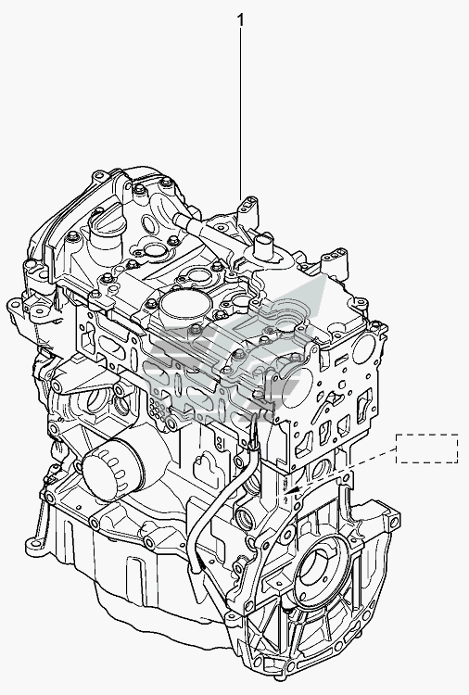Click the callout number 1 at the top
pos(240,20)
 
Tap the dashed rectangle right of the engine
pos(427,449)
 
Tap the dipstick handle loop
pos(255,433)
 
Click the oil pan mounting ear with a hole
pos(36,544)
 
